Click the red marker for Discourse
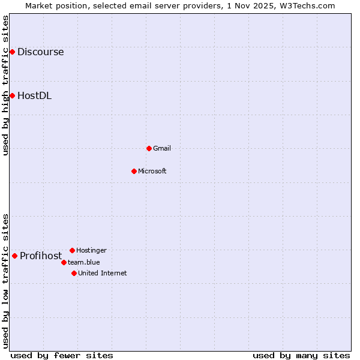(12, 52)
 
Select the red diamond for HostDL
(12, 95)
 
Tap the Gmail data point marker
(149, 148)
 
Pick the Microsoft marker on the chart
(134, 171)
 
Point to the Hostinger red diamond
(72, 250)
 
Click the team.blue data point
(64, 262)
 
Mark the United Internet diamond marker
(74, 273)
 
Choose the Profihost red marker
(14, 256)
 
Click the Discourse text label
(40, 52)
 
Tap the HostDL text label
(34, 95)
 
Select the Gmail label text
(162, 148)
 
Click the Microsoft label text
(152, 171)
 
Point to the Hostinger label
(91, 250)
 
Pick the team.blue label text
(83, 262)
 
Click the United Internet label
(102, 273)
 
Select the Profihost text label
(41, 256)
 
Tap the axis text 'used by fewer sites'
(62, 355)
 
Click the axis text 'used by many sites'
(301, 355)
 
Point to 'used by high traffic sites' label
(5, 85)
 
